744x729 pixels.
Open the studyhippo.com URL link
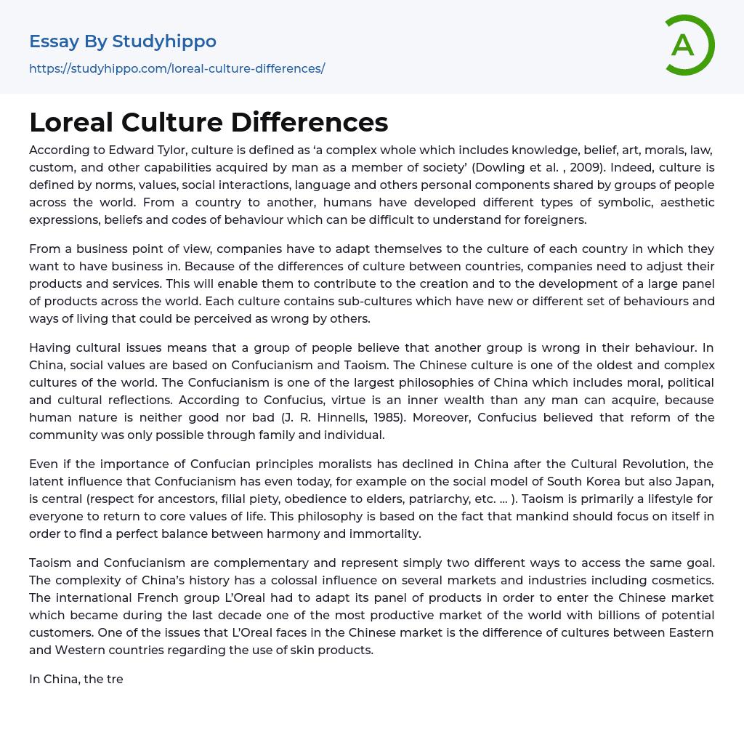[177, 68]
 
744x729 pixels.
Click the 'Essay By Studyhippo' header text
[123, 41]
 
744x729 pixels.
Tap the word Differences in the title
[310, 123]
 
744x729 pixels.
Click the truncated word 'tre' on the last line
[114, 679]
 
